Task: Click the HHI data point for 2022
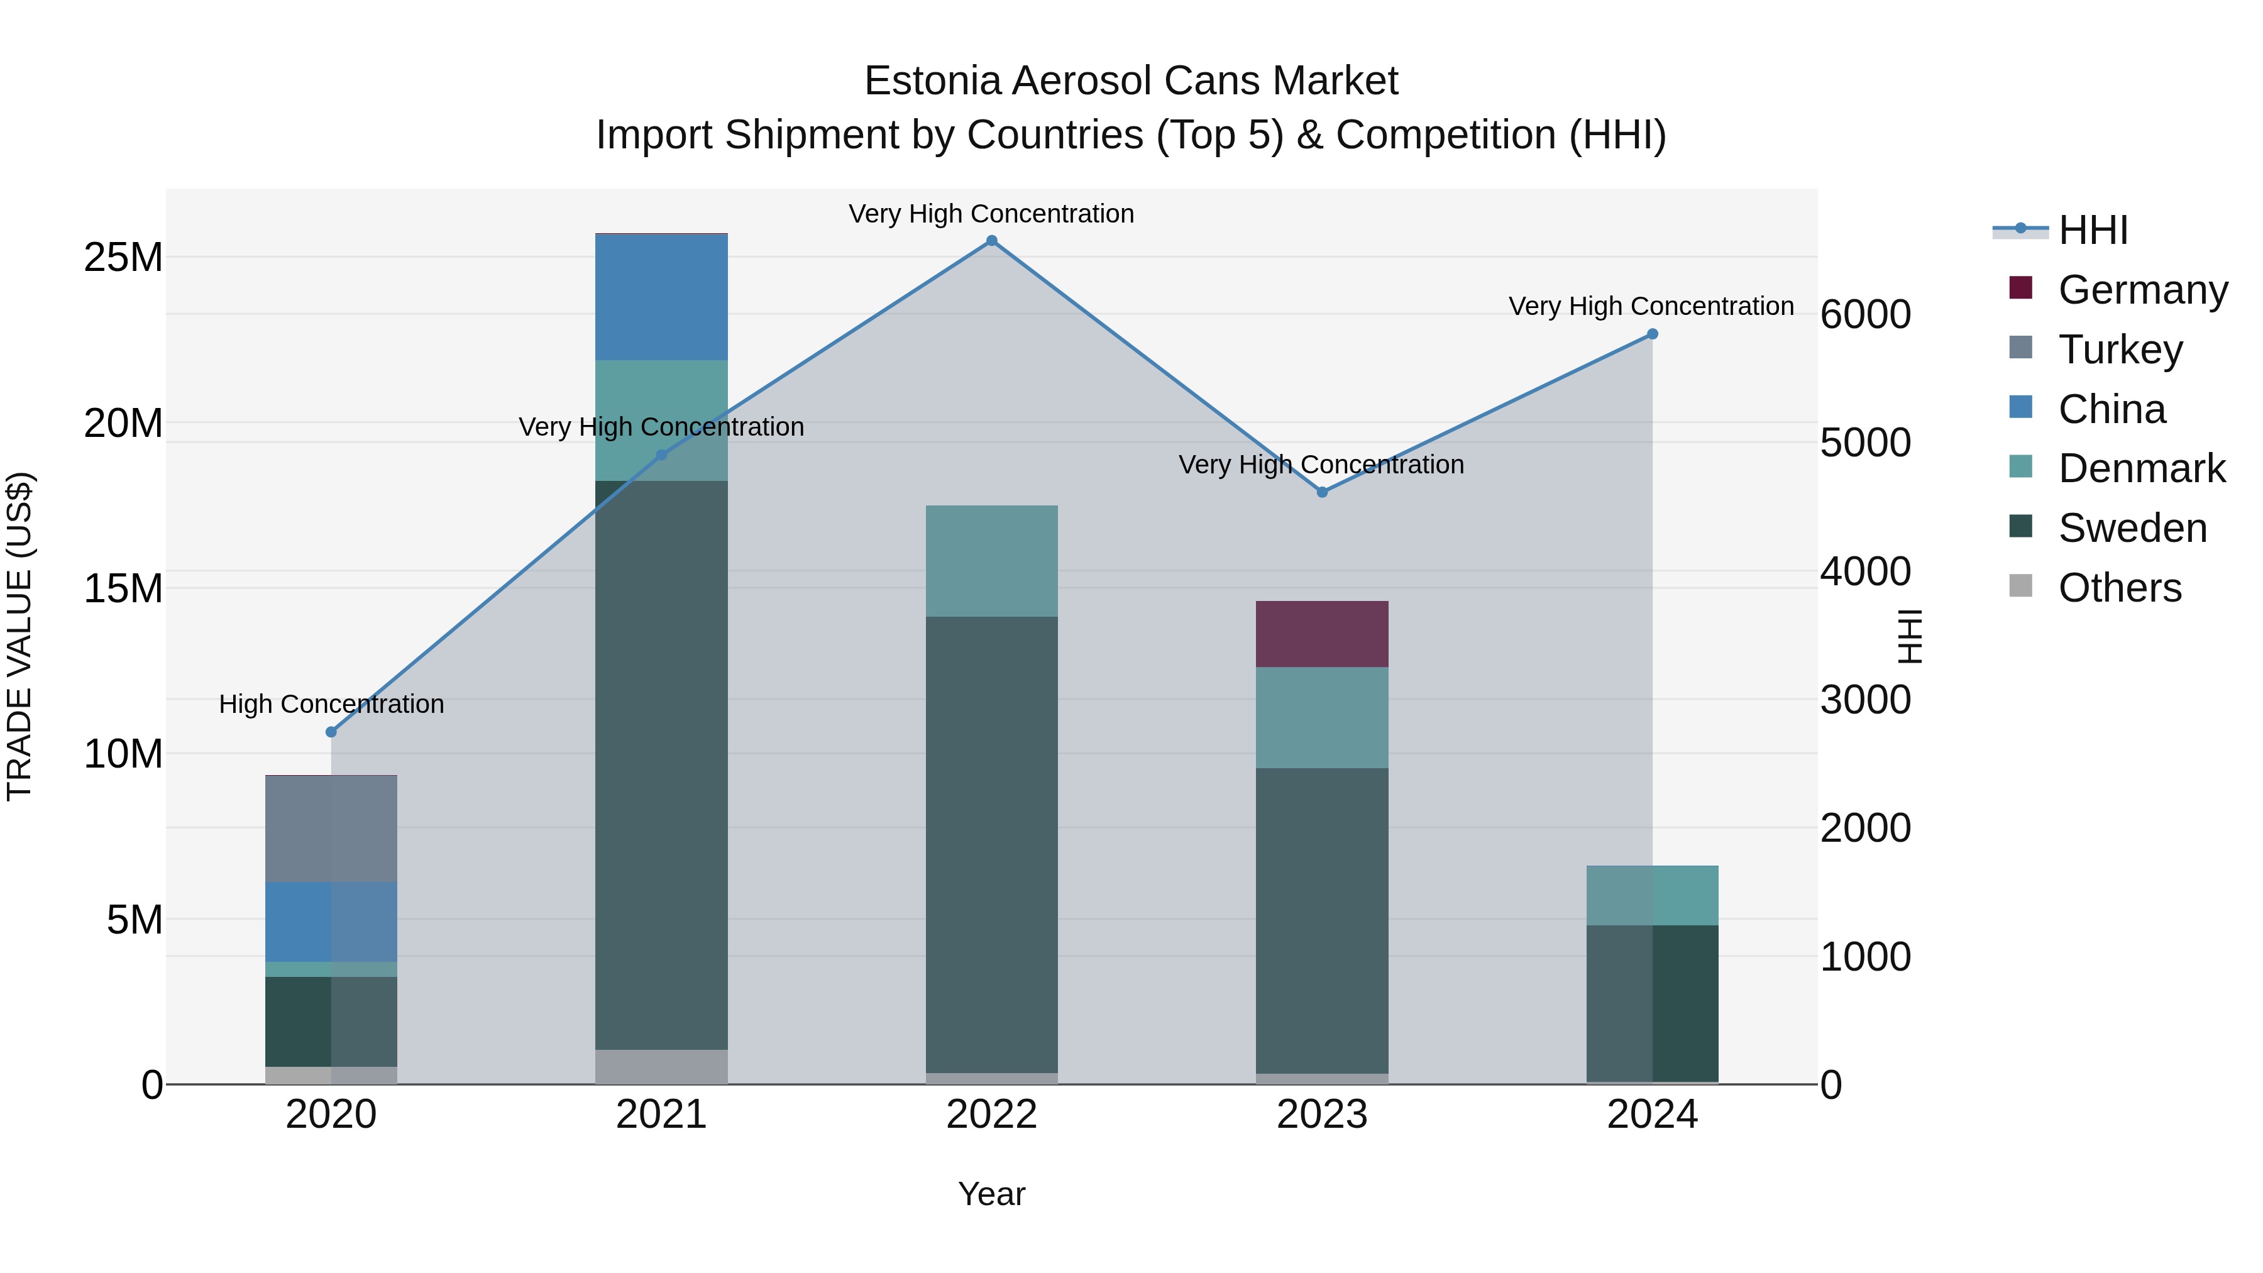[x=992, y=241]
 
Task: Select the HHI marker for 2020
[x=331, y=732]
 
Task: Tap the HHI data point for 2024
[x=1653, y=334]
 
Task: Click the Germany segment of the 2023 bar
[x=1322, y=634]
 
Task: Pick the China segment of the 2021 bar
[x=661, y=297]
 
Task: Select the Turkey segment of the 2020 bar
[x=331, y=829]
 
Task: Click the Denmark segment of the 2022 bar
[x=992, y=561]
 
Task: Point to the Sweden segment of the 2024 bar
[x=1653, y=1003]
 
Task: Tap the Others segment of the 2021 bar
[x=661, y=1067]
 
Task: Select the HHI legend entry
[x=2093, y=230]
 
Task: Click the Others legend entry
[x=2120, y=588]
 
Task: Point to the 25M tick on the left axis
[x=123, y=257]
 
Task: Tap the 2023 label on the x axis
[x=1322, y=1115]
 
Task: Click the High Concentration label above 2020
[x=331, y=703]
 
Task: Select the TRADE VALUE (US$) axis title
[x=19, y=636]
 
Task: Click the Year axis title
[x=992, y=1194]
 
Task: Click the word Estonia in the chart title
[x=932, y=81]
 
